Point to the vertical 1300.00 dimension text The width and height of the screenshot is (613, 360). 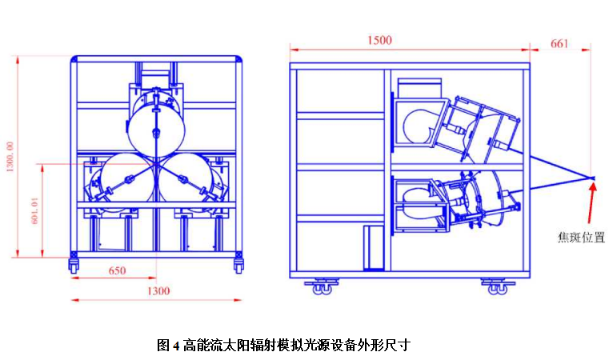[x=10, y=157]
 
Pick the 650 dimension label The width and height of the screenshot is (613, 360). [x=117, y=271]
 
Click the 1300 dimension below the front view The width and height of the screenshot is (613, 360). [x=158, y=291]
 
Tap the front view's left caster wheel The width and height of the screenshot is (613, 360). [x=74, y=263]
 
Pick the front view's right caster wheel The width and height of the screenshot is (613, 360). [x=238, y=263]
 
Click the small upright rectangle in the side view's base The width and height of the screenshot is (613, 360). [x=373, y=249]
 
